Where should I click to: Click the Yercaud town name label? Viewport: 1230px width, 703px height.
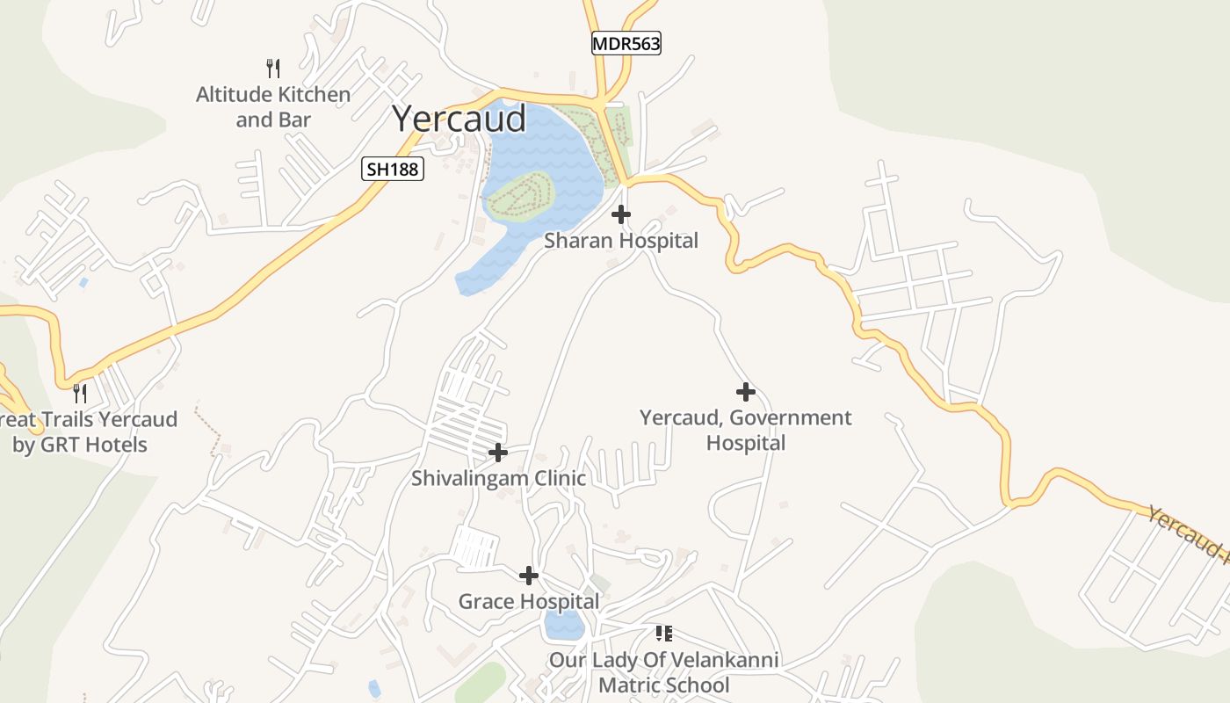(459, 119)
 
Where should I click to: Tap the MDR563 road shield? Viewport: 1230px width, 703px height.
(626, 43)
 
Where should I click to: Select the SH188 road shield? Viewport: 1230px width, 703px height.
(393, 169)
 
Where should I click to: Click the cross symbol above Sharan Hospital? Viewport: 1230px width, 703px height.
(621, 214)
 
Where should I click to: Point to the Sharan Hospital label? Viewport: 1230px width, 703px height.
(621, 240)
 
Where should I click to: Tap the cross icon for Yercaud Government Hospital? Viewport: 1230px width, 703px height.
(746, 392)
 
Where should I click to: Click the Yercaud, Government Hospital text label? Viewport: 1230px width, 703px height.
(746, 430)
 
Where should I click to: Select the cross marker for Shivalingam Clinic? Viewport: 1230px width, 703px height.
(498, 453)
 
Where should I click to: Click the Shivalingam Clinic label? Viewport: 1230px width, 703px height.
(498, 479)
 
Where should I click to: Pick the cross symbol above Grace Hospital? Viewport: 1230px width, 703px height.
(529, 576)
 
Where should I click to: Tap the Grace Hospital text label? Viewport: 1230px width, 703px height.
(529, 602)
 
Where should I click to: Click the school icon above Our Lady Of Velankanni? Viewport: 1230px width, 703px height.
(664, 634)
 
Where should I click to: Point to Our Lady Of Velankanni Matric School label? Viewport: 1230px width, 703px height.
(664, 672)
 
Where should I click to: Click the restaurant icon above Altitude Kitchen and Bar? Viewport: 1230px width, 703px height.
(273, 68)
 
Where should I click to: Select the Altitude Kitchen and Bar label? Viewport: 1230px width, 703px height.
(273, 106)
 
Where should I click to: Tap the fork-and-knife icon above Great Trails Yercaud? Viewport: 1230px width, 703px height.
(80, 393)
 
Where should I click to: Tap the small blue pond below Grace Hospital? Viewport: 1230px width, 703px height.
(563, 626)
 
